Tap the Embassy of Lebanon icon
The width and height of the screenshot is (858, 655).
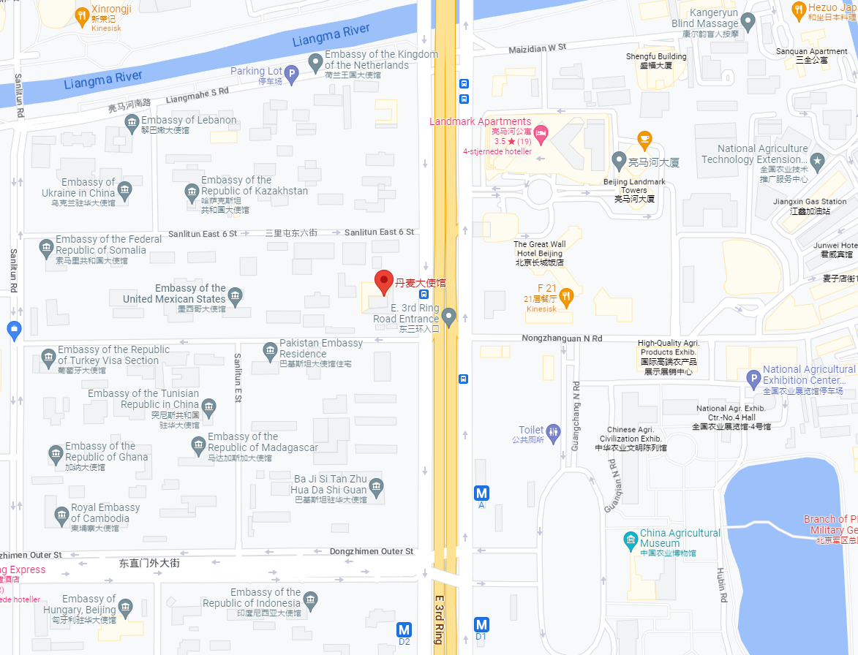(132, 124)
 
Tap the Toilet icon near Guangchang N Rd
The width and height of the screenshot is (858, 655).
(554, 431)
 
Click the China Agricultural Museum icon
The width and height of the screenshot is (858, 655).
(631, 539)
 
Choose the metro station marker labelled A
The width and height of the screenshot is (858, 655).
(481, 493)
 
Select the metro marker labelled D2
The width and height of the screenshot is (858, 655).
(404, 629)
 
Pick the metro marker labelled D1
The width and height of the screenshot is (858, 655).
(481, 625)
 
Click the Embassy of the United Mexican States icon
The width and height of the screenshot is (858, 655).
(235, 295)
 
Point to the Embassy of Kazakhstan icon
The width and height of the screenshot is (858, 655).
(192, 192)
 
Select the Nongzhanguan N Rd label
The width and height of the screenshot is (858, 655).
(562, 338)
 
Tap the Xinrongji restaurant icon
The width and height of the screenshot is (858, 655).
(83, 14)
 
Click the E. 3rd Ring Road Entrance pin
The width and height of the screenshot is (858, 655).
(448, 316)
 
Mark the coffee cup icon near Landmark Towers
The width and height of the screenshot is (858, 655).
(644, 137)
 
